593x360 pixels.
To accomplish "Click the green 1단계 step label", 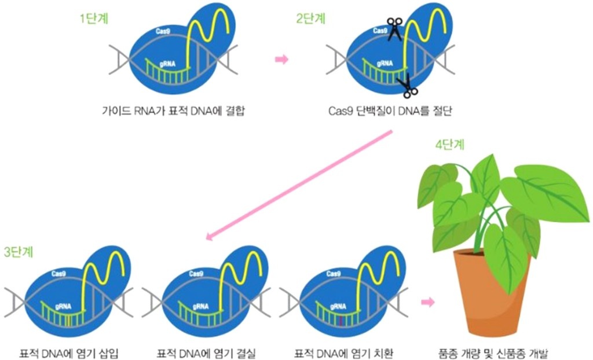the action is (94, 18).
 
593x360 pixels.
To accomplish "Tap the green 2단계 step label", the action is (310, 18).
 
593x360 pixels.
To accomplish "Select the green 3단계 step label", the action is (19, 252).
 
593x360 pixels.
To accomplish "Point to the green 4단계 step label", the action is (449, 145).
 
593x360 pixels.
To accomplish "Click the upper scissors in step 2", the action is (394, 28).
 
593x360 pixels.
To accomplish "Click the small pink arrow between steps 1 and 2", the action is (281, 60).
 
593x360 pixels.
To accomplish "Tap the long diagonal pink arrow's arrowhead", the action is (209, 236).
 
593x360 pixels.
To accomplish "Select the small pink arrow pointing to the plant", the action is (428, 302).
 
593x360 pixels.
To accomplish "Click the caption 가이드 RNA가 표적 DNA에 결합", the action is (173, 111).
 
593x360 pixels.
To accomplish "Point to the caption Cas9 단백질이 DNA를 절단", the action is (390, 111).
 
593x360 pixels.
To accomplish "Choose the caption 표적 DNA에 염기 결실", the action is (206, 353).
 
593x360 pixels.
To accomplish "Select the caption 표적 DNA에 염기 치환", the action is (344, 353).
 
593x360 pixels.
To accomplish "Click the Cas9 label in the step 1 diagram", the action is (163, 31).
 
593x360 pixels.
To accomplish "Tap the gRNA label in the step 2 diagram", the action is (385, 63).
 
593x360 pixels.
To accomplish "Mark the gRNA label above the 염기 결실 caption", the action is (200, 306).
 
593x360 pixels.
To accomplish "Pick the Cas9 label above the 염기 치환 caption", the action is (333, 273).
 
